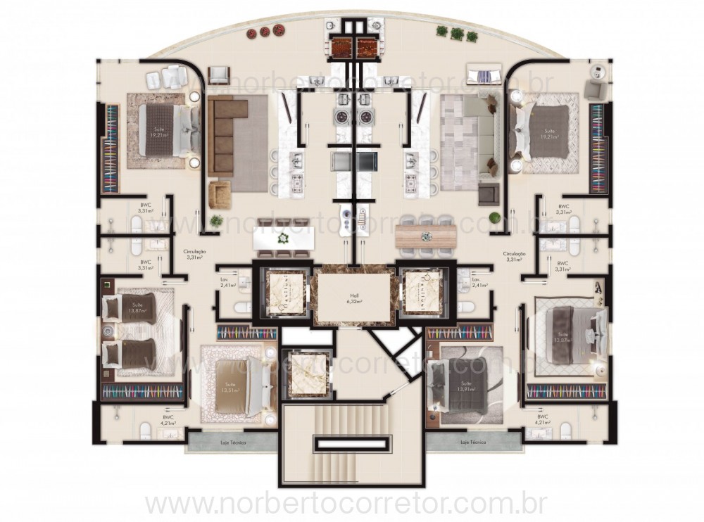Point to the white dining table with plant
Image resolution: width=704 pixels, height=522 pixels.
point(283,238)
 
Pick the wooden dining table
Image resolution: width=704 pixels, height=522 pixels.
point(425,236)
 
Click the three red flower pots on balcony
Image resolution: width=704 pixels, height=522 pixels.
point(265,31)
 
